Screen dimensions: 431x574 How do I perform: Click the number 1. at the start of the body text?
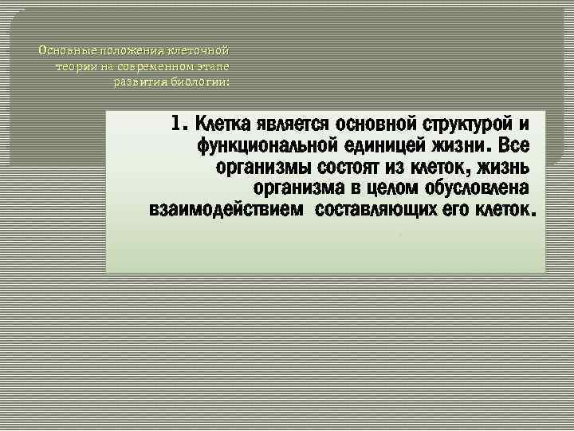(x=179, y=125)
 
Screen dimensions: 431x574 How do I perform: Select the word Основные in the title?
(x=63, y=50)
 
